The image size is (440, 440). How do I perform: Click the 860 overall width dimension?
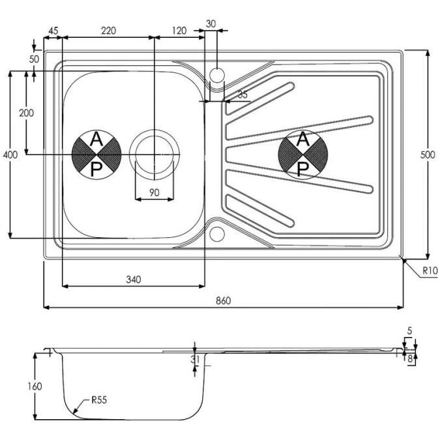coord(223,301)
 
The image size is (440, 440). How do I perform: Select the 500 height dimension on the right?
coord(431,154)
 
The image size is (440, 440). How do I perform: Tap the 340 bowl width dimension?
coord(132,280)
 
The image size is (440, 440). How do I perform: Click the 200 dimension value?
coord(27,113)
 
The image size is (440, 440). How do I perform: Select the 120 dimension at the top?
coord(179,31)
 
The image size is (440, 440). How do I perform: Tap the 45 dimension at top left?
coord(53,31)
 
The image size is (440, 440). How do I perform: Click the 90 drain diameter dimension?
coord(154,192)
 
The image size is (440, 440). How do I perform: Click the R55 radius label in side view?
coord(100,400)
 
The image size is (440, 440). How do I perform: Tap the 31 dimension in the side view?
coord(194,358)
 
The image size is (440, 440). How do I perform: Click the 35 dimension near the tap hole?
coord(242,95)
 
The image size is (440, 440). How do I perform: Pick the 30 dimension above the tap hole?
coord(211,23)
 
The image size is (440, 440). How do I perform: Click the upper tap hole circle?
coord(216,73)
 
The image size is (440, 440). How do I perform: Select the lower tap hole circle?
coord(216,233)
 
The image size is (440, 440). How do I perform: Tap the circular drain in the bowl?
coord(154,154)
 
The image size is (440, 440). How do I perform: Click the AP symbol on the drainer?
coord(302,154)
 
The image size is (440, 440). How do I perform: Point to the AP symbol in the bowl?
coord(96,154)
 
